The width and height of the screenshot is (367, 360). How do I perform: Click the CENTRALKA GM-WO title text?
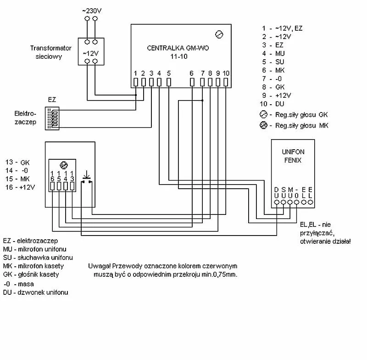pyautogui.click(x=178, y=48)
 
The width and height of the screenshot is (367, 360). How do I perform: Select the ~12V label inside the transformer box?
pyautogui.click(x=90, y=53)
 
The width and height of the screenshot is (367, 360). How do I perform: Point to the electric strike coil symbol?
pyautogui.click(x=54, y=118)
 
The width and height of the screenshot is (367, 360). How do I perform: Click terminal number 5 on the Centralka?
pyautogui.click(x=168, y=82)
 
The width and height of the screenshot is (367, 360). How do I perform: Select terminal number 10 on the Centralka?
pyautogui.click(x=226, y=82)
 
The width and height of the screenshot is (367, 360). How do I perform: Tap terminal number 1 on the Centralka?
pyautogui.click(x=135, y=82)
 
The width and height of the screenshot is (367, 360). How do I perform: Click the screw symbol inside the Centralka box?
pyautogui.click(x=219, y=34)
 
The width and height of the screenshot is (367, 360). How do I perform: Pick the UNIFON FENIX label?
pyautogui.click(x=293, y=156)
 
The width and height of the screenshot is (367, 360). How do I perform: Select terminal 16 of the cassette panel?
pyautogui.click(x=53, y=186)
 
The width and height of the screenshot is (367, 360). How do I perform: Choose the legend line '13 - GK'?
pyautogui.click(x=17, y=162)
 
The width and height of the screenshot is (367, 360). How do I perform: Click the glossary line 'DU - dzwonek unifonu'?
pyautogui.click(x=36, y=292)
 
